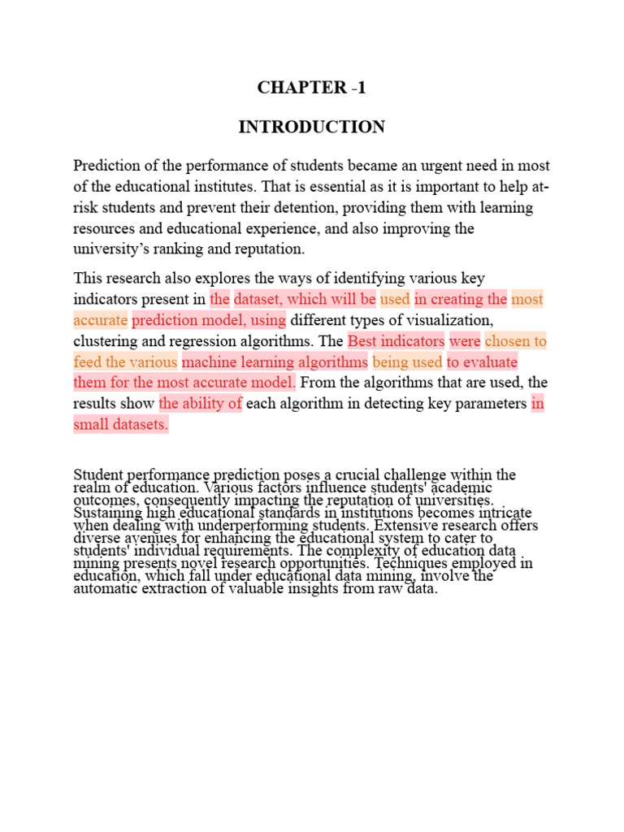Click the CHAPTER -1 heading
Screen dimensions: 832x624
point(312,88)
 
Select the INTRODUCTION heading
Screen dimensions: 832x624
point(312,128)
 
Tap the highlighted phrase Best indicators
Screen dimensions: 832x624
point(396,340)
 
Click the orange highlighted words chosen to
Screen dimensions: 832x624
point(515,340)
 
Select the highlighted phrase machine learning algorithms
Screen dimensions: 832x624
point(275,362)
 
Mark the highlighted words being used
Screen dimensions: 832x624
point(407,362)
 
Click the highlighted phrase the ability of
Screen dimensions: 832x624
point(201,404)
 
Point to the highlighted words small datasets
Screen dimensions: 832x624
point(120,425)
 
